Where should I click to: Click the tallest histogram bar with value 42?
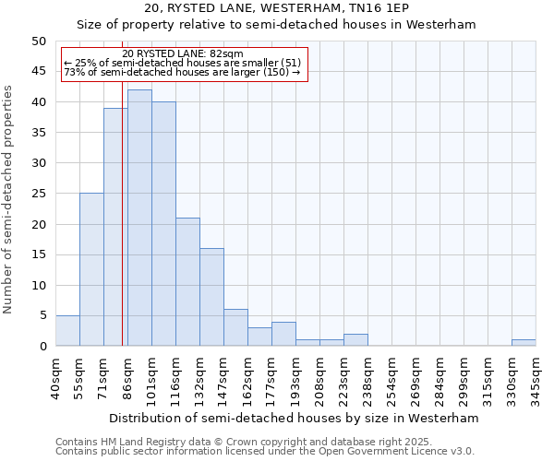(139, 218)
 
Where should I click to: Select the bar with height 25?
(91, 269)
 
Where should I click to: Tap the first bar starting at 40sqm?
(67, 330)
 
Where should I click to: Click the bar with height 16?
(211, 297)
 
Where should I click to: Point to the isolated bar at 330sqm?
(524, 342)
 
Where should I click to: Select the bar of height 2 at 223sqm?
(355, 339)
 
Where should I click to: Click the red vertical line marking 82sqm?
(122, 230)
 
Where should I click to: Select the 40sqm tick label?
(56, 373)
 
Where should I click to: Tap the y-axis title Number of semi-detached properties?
(9, 199)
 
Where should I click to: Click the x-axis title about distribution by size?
(294, 418)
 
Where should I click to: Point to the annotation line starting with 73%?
(182, 72)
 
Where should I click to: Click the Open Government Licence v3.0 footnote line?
(265, 452)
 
